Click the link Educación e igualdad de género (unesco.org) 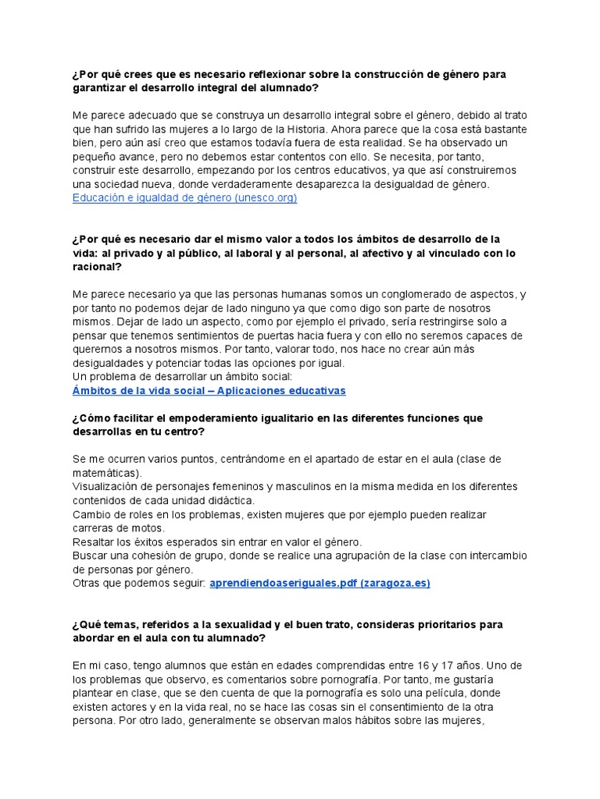point(184,198)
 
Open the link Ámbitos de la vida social point(209,390)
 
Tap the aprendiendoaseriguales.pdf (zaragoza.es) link point(320,583)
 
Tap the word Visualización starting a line point(106,487)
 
